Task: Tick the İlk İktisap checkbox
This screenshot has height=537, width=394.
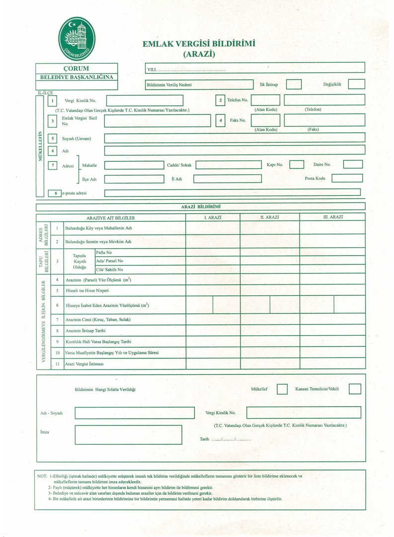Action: (x=294, y=84)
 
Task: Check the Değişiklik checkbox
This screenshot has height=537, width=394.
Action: (x=356, y=84)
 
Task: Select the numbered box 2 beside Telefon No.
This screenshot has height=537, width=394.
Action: (x=220, y=100)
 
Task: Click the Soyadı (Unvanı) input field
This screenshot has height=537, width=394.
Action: (x=234, y=137)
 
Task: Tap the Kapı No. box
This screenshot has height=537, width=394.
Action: (x=297, y=164)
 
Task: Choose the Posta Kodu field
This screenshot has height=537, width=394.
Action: (x=347, y=178)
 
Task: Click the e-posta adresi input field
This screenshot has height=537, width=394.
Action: (x=232, y=192)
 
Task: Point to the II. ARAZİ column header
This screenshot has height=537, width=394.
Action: (x=269, y=217)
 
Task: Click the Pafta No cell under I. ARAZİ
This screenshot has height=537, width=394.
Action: (x=213, y=253)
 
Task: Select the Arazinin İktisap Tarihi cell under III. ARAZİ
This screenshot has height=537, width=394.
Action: (x=332, y=331)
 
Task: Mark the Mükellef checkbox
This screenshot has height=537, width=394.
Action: (x=282, y=389)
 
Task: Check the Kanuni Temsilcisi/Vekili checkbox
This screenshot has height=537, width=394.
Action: (x=355, y=389)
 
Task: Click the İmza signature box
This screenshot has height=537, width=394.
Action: (x=128, y=435)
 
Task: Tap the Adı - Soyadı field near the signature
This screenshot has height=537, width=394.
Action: (x=128, y=412)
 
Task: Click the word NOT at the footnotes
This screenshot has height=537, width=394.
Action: (x=42, y=476)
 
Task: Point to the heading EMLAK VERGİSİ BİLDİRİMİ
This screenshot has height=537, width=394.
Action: (x=199, y=44)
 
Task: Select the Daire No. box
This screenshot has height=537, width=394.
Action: (x=353, y=164)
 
